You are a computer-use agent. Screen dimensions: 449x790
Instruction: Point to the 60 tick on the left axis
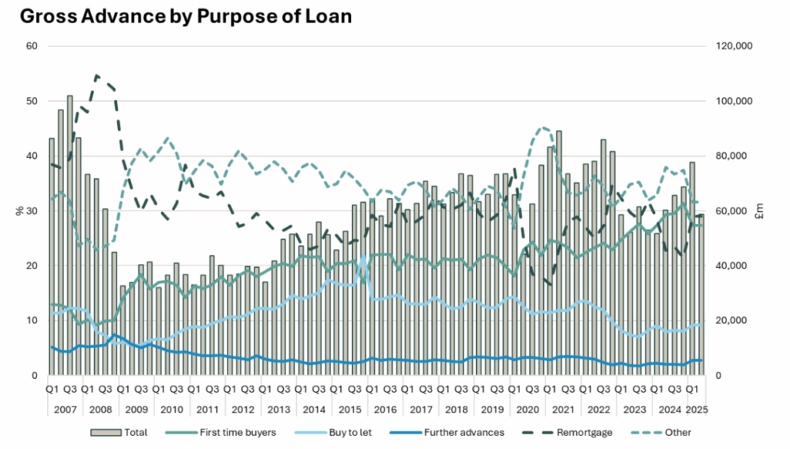click(x=32, y=46)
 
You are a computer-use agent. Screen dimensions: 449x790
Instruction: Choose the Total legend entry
click(x=120, y=433)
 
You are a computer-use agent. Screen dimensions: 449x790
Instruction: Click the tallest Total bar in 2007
click(x=70, y=231)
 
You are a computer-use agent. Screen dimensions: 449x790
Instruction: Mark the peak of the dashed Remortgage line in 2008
click(x=96, y=76)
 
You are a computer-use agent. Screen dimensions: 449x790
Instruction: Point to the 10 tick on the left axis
click(x=32, y=320)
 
